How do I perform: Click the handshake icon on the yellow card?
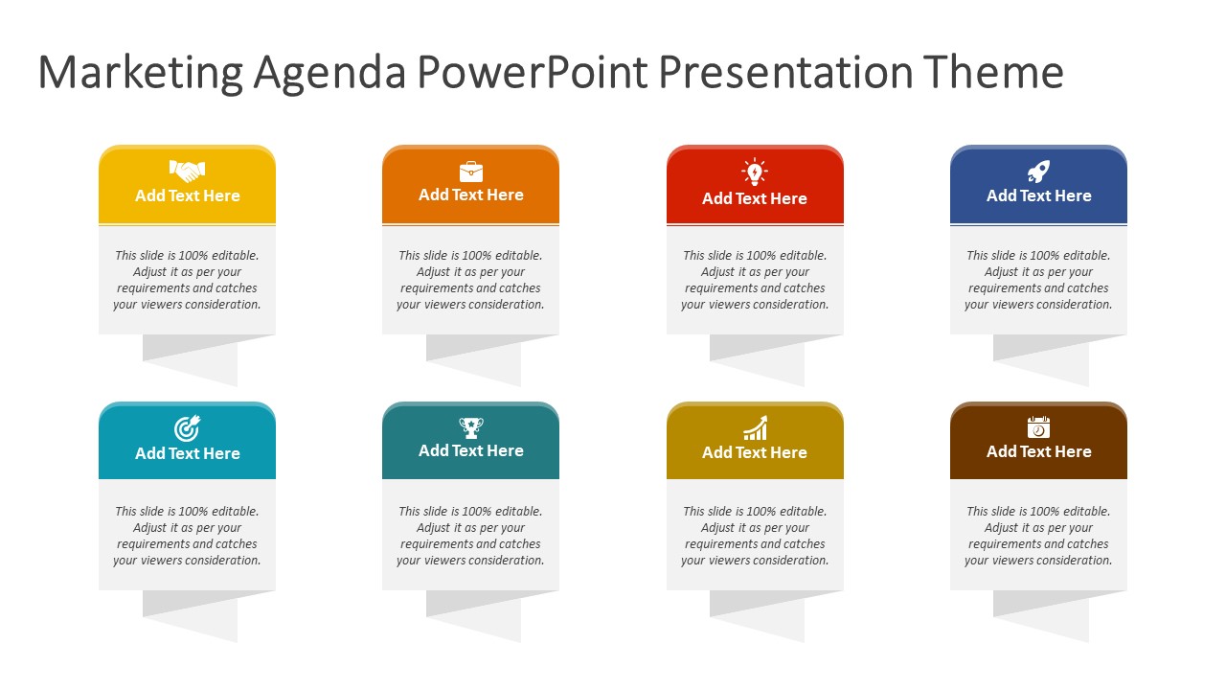click(187, 171)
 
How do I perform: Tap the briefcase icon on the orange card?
click(470, 172)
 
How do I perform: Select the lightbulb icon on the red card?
click(754, 172)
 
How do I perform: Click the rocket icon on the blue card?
click(1038, 172)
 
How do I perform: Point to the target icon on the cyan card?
click(187, 428)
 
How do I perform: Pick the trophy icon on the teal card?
click(470, 427)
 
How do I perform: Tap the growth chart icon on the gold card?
click(755, 427)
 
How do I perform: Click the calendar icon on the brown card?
click(1038, 427)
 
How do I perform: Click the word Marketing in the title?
click(140, 73)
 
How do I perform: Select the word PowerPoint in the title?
click(532, 71)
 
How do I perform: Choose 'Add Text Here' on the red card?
click(754, 198)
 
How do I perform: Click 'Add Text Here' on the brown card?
click(1038, 451)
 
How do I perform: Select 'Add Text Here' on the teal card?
click(470, 450)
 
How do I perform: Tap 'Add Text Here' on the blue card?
click(1038, 195)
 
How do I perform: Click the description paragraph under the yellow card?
click(187, 280)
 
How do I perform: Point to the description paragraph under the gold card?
click(755, 536)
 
